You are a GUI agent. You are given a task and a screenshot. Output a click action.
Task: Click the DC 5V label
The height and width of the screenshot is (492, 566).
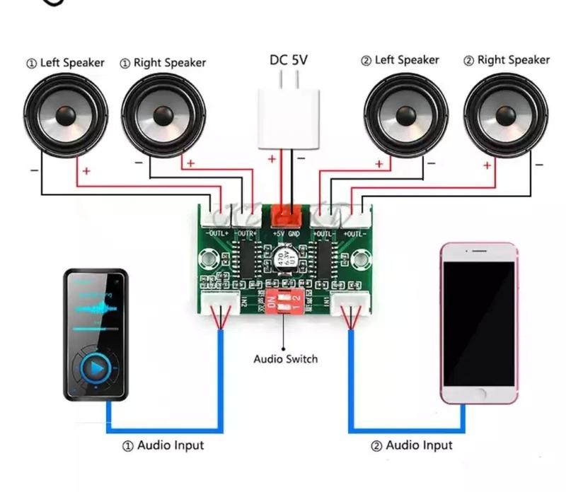pos(289,61)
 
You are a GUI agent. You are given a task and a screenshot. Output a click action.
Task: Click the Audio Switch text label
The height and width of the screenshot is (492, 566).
pos(286,359)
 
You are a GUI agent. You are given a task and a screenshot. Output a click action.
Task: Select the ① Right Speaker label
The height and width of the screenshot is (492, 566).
pos(163,63)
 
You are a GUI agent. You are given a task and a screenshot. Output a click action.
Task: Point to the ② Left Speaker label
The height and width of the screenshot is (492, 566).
pos(400,61)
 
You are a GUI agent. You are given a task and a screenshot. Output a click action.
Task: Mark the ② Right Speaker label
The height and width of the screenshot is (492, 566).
pos(506,61)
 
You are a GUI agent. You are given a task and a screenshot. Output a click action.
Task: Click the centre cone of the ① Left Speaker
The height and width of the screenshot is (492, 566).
pos(66,115)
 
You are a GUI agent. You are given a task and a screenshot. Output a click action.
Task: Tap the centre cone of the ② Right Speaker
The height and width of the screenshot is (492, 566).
pos(506,115)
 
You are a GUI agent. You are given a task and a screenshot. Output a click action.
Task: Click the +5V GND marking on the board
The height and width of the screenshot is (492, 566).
pos(286,233)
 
